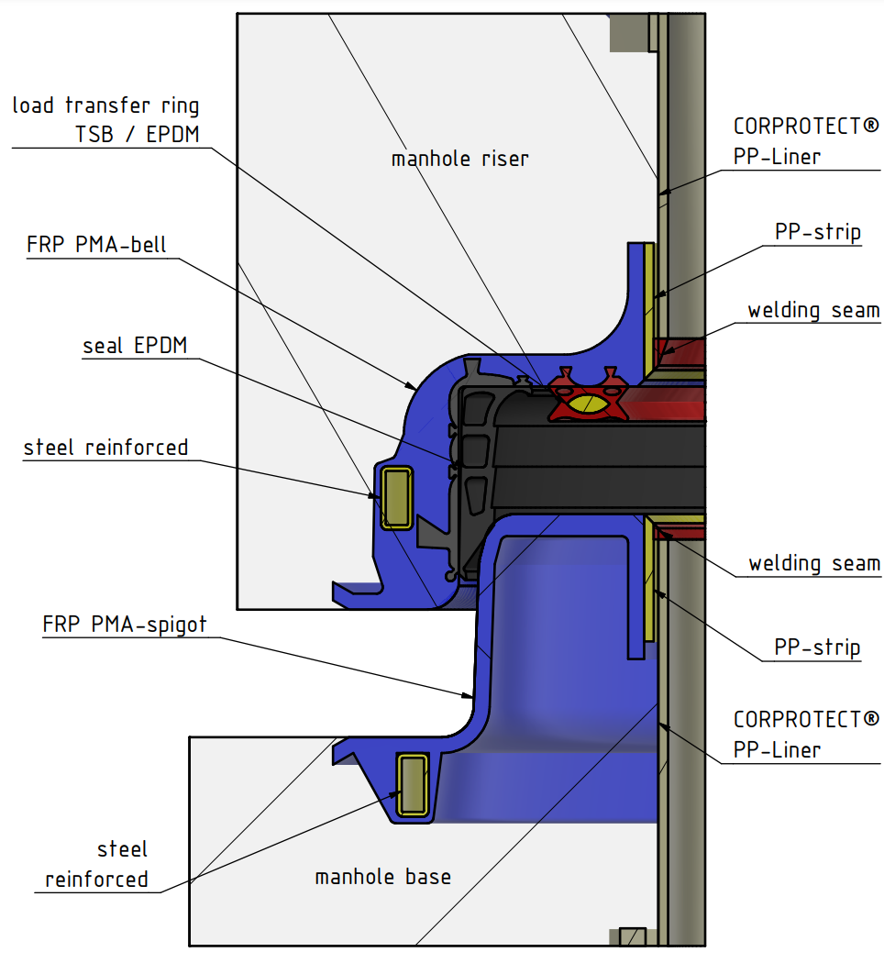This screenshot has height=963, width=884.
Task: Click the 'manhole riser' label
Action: [459, 159]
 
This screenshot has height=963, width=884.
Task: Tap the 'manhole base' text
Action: [382, 877]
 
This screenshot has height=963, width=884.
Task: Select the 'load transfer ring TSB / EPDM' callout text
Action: [105, 120]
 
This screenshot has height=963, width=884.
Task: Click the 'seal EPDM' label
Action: [135, 346]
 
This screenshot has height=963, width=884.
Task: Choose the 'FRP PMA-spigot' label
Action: [125, 625]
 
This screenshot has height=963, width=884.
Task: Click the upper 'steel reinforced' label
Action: [105, 448]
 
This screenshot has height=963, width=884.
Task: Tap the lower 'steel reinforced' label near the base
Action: [97, 864]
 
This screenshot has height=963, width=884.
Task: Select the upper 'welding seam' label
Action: [813, 310]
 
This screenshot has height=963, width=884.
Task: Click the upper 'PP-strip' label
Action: [818, 232]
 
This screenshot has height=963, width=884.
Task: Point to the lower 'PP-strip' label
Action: [817, 648]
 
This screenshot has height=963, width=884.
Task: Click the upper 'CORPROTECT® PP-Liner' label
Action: [806, 140]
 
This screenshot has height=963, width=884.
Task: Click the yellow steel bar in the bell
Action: [396, 496]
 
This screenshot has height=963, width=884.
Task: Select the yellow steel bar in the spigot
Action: [414, 784]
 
